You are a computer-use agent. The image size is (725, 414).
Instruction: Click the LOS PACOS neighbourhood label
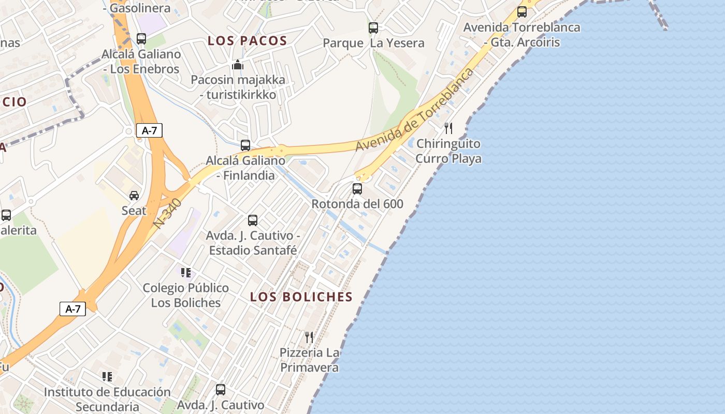click(x=247, y=41)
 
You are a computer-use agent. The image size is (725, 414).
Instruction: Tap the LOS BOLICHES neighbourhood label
click(x=301, y=297)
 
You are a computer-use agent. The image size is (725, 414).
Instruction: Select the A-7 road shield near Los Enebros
click(x=149, y=131)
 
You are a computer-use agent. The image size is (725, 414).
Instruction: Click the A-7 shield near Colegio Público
click(x=73, y=309)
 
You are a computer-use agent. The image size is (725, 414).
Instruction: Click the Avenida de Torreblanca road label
click(x=414, y=110)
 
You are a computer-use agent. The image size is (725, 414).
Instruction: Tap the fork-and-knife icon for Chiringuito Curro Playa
click(x=448, y=128)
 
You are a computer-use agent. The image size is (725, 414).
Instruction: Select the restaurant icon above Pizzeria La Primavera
click(x=309, y=337)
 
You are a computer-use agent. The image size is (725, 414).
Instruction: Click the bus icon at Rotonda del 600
click(x=357, y=189)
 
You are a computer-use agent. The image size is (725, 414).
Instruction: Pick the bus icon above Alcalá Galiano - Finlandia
click(x=245, y=145)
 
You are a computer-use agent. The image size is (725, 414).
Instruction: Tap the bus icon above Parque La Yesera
click(x=373, y=28)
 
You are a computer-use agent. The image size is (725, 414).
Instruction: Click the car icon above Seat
click(x=134, y=196)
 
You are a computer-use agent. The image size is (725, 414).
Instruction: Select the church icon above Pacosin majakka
click(x=238, y=65)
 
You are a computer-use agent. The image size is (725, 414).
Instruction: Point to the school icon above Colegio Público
click(x=185, y=273)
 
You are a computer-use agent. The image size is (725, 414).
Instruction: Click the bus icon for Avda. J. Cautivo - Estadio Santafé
click(x=253, y=220)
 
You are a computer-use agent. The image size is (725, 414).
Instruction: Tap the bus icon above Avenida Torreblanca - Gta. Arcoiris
click(x=522, y=12)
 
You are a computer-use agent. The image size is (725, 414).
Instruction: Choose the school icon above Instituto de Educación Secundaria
click(x=107, y=377)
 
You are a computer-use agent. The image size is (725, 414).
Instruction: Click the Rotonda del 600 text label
click(x=357, y=204)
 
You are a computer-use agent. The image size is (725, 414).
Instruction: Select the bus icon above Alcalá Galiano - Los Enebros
click(x=141, y=39)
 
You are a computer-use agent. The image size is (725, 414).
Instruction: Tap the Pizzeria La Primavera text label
click(x=310, y=360)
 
